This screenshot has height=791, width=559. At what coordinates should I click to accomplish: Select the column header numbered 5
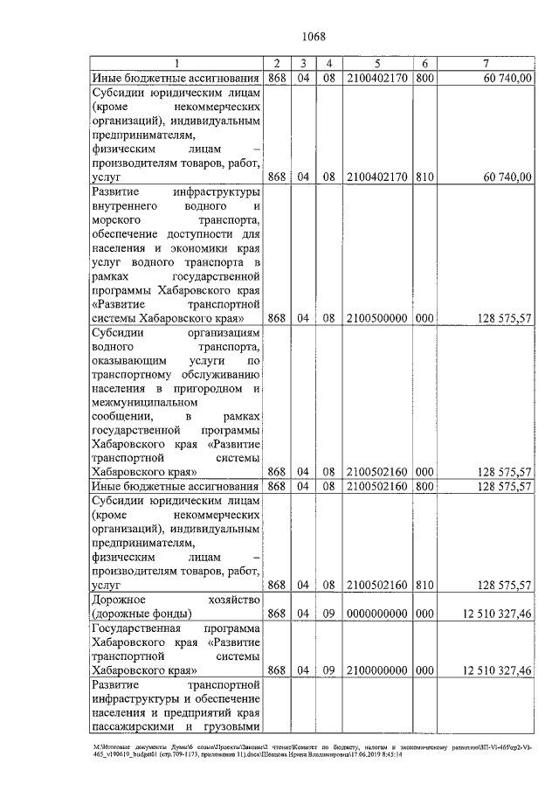pyautogui.click(x=376, y=64)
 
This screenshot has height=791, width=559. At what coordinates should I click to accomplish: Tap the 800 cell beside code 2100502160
pyautogui.click(x=424, y=486)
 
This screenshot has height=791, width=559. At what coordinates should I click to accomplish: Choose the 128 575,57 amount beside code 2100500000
pyautogui.click(x=500, y=319)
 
